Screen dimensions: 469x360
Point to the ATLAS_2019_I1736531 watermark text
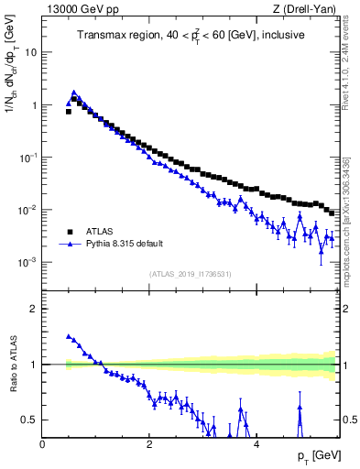191,275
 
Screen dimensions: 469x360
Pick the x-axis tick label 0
42,444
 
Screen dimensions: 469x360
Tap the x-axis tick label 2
148,444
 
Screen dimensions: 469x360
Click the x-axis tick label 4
256,444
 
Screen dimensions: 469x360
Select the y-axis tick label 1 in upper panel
34,105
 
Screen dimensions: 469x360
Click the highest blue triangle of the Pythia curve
74,93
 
